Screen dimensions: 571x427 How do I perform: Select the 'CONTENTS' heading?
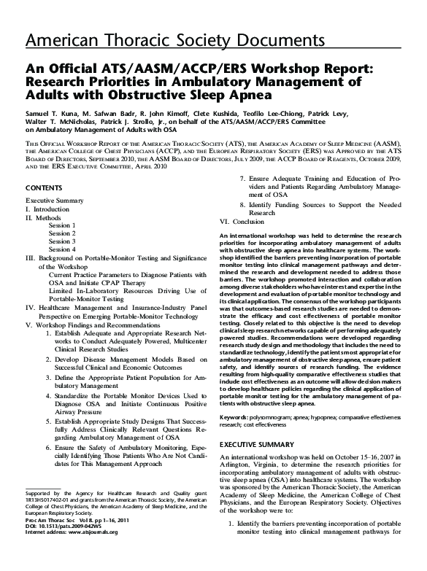(44, 187)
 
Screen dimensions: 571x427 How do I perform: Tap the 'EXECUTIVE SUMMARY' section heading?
(257, 423)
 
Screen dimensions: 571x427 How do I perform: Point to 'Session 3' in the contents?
(62, 241)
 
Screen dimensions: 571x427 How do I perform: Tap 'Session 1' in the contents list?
(62, 225)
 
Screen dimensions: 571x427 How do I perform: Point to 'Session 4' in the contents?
(62, 249)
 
